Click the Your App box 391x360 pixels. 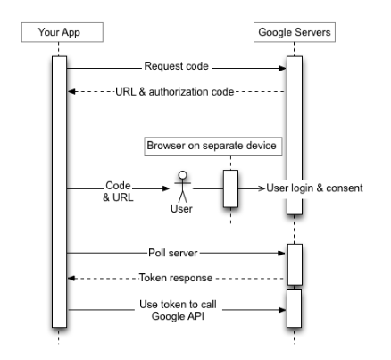click(62, 32)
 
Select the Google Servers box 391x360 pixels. click(295, 32)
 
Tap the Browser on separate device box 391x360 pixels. click(213, 147)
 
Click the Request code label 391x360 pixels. click(176, 66)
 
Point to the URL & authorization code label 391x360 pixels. click(174, 92)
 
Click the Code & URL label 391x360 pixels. click(118, 191)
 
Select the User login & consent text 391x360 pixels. click(314, 188)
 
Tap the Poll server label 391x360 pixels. click(173, 253)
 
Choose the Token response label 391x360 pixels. click(176, 278)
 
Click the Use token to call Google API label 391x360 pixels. click(178, 310)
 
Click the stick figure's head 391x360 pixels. click(182, 175)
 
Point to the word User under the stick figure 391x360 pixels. click(181, 209)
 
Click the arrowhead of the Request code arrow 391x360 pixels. click(282, 69)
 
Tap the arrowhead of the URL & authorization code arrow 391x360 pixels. click(71, 92)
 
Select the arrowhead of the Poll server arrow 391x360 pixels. click(281, 253)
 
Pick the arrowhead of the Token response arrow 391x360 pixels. click(71, 279)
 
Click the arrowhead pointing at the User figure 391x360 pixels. click(166, 188)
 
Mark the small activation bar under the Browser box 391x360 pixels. click(230, 188)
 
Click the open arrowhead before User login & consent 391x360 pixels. click(262, 188)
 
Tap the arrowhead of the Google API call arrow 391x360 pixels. click(282, 310)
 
